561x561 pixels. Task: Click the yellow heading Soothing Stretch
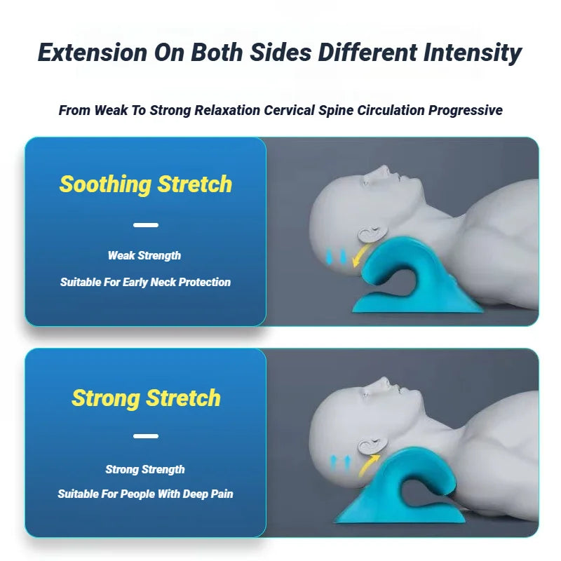click(x=145, y=184)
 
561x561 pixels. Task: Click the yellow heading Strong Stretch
click(x=146, y=398)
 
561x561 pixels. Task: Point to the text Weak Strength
click(x=144, y=256)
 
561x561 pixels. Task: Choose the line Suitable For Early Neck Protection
click(x=145, y=282)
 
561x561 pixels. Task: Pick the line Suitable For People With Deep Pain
click(x=145, y=494)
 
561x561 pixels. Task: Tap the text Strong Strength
click(x=145, y=469)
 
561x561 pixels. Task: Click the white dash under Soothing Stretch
click(x=145, y=225)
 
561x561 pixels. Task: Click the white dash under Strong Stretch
click(x=145, y=436)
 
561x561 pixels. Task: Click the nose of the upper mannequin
click(x=383, y=170)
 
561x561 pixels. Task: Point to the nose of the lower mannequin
click(x=383, y=381)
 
